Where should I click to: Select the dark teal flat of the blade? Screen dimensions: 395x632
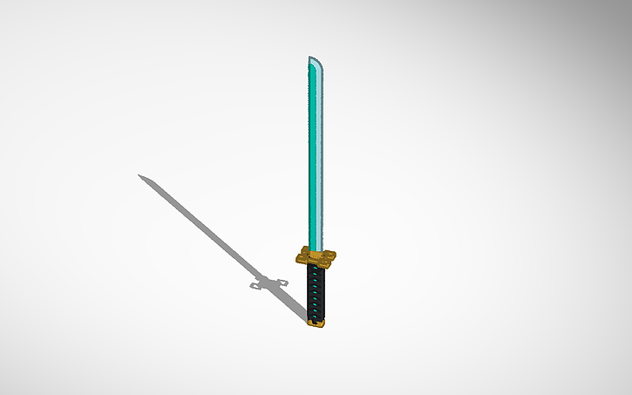(314, 157)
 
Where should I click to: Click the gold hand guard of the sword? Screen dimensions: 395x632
(316, 256)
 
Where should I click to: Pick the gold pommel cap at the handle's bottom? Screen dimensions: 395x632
(316, 323)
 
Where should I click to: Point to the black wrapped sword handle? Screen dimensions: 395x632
(316, 292)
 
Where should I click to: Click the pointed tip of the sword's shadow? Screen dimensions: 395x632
(139, 175)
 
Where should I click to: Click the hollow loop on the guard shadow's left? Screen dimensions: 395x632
(256, 284)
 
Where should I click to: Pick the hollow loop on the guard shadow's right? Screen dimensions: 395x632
(283, 281)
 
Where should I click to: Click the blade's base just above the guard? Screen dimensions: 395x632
(316, 241)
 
